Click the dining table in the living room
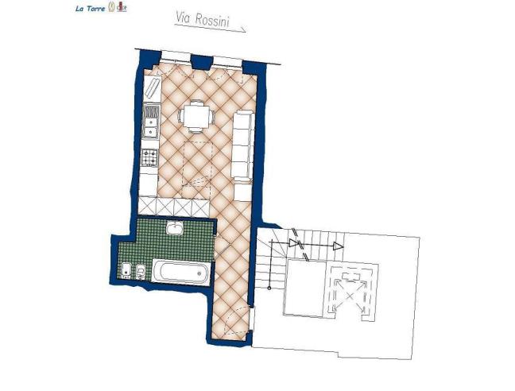(196, 116)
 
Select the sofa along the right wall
(242, 145)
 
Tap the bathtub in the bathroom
(181, 272)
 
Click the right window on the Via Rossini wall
(228, 60)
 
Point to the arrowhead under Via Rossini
(242, 31)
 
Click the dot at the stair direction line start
(272, 240)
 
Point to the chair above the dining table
(196, 101)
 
